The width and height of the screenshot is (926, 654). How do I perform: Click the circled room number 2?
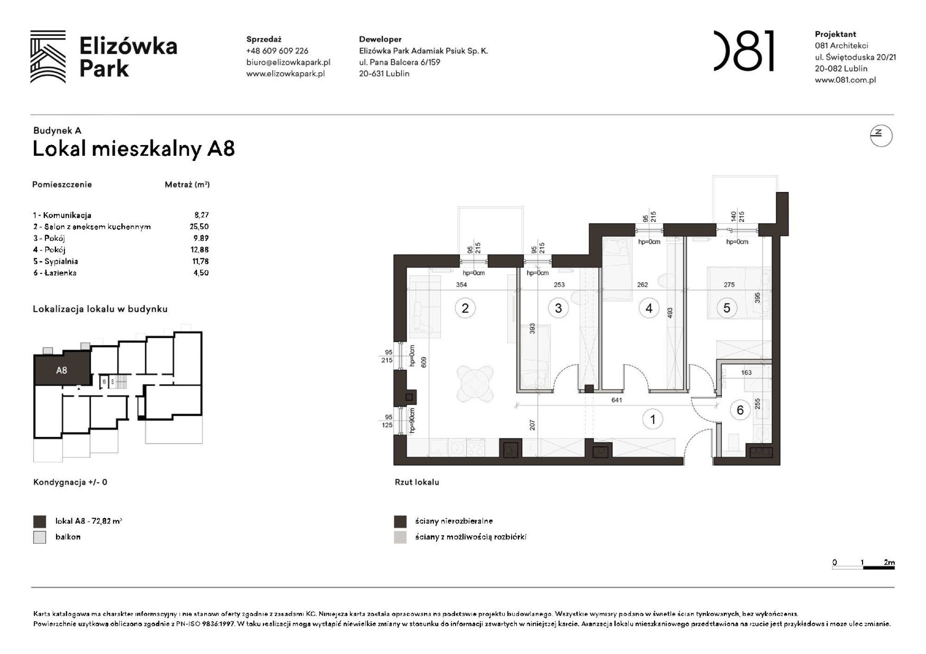click(465, 308)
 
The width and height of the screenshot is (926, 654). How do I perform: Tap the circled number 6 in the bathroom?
click(740, 410)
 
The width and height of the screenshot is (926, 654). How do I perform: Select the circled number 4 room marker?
click(649, 308)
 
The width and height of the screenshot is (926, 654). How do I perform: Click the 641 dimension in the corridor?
click(616, 400)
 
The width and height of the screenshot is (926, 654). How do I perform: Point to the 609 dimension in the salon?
click(424, 362)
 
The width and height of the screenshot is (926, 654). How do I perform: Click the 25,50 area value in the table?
click(199, 227)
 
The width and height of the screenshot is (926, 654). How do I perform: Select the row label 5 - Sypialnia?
click(56, 261)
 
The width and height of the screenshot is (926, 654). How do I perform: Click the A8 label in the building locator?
click(62, 370)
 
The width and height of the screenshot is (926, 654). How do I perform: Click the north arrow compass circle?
click(881, 136)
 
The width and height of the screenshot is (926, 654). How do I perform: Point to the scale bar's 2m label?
click(888, 562)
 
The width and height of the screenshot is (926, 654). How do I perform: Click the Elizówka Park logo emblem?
click(48, 57)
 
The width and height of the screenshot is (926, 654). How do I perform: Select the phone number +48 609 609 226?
click(277, 51)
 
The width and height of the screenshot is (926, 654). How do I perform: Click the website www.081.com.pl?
click(845, 80)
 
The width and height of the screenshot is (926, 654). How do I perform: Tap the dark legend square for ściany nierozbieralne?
click(400, 521)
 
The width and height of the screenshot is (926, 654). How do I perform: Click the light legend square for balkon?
click(40, 537)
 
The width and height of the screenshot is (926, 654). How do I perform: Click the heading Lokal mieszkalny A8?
click(134, 149)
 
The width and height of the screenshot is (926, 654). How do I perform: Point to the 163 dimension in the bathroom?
click(746, 373)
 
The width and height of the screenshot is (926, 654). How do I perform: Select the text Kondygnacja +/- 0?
click(70, 482)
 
